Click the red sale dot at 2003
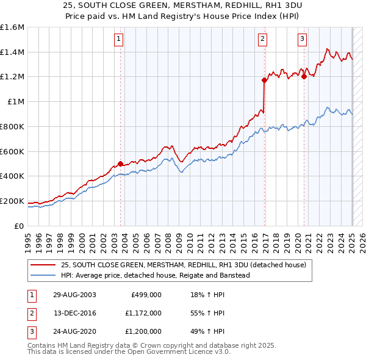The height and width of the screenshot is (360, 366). tap(120, 164)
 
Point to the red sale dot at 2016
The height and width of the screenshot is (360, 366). tap(264, 80)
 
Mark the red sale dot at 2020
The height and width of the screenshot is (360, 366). tap(304, 76)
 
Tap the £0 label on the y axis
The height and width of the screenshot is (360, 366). tap(20, 226)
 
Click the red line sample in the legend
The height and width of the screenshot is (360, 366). tap(43, 265)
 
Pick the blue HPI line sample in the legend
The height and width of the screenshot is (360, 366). tap(43, 275)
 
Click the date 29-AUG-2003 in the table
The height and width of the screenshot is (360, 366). tap(74, 295)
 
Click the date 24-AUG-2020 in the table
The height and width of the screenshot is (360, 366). tap(74, 332)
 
